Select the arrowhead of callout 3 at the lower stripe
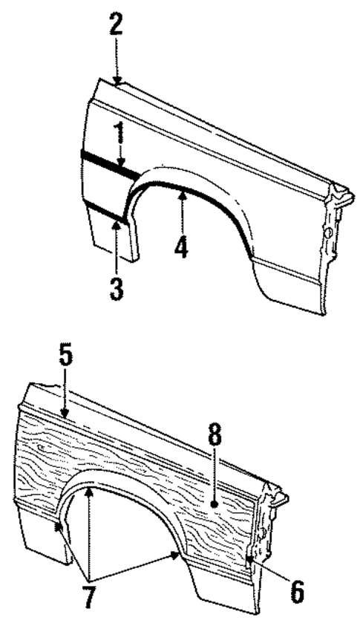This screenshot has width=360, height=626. tap(116, 221)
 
